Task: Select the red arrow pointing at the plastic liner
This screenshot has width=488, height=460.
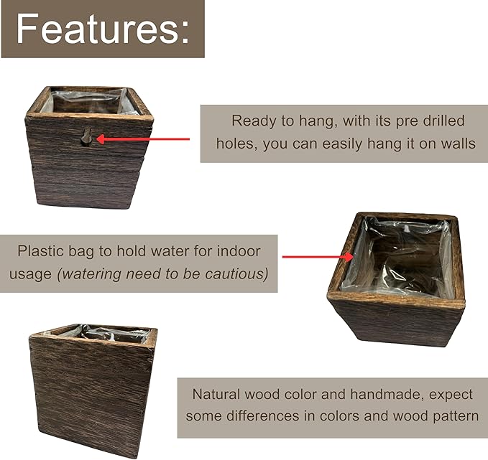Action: pyautogui.click(x=316, y=256)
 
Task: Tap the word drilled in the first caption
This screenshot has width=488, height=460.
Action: pyautogui.click(x=440, y=121)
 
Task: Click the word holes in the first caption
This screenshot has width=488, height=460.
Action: pyautogui.click(x=236, y=144)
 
